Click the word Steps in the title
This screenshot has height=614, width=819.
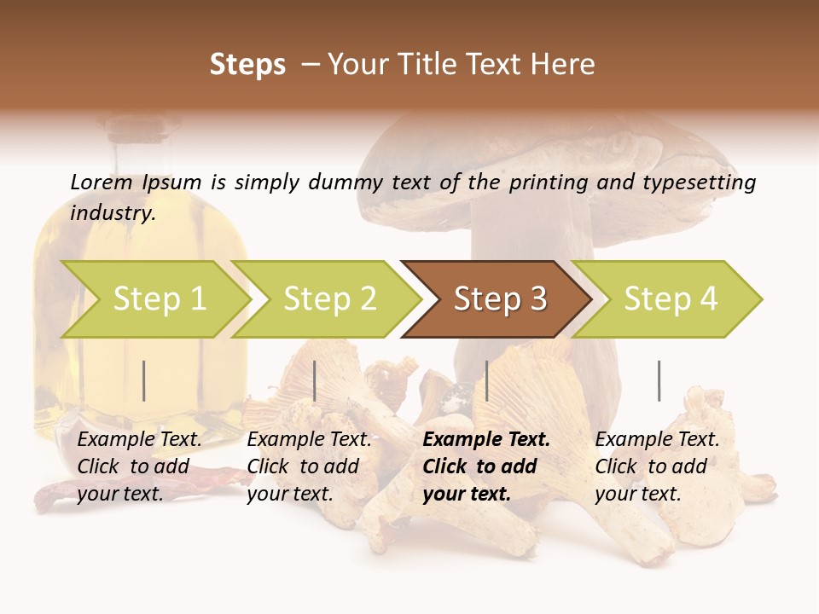pos(247,65)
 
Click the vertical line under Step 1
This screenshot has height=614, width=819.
pos(144,380)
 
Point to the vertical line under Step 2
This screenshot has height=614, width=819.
pos(315,380)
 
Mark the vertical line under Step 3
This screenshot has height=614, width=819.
pos(486,380)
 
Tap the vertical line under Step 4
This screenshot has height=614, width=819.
pos(659,380)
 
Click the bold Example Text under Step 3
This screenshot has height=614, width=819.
pos(486,440)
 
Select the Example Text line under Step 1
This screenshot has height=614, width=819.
pos(139,440)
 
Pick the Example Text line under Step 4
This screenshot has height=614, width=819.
pos(657,440)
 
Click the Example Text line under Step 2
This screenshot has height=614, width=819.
pos(309,440)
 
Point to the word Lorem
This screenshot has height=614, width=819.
pos(102,182)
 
